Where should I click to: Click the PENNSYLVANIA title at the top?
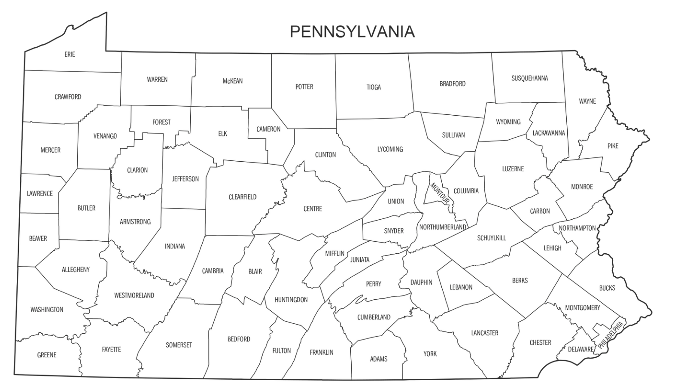(x=353, y=31)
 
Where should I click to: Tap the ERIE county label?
(x=70, y=54)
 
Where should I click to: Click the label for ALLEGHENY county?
(x=76, y=270)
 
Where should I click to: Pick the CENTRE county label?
(x=313, y=209)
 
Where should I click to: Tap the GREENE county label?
(x=47, y=355)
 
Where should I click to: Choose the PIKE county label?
(x=613, y=146)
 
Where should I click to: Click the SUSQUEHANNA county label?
(x=529, y=78)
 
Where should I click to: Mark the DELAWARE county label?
(x=581, y=349)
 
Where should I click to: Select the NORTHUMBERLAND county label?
(x=443, y=227)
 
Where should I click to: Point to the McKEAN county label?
(x=232, y=81)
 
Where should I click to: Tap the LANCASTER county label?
(x=484, y=332)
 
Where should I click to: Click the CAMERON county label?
(x=268, y=129)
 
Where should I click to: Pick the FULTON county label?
(x=282, y=350)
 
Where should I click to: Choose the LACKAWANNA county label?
(x=548, y=133)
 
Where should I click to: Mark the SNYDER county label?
(x=394, y=231)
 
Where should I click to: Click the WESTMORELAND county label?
(x=134, y=295)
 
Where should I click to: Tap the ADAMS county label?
(x=379, y=359)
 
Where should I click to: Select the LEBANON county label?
(x=461, y=287)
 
